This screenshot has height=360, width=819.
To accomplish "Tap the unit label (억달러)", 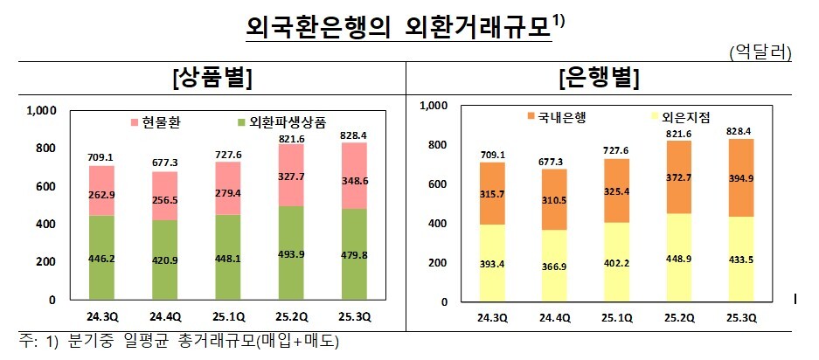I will click(760, 53).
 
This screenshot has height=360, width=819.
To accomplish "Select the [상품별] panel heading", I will click(213, 78).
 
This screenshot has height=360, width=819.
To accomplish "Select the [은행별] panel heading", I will click(599, 78).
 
